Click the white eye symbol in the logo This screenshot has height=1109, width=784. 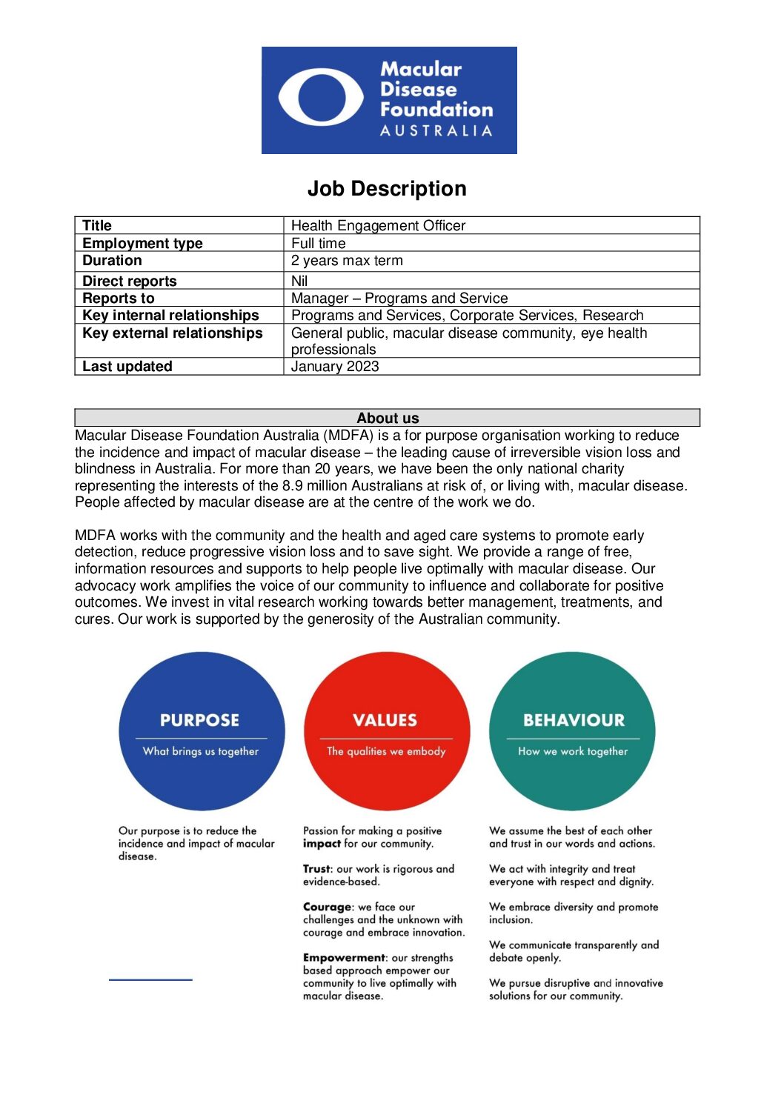click(321, 98)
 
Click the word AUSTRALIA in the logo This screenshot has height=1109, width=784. click(436, 131)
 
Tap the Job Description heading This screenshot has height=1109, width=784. click(387, 189)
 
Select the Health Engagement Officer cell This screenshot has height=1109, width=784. click(378, 225)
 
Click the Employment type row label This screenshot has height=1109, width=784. click(142, 243)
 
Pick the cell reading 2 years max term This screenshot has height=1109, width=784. click(347, 261)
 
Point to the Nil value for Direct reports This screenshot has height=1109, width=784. click(299, 281)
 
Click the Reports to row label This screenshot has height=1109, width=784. click(119, 298)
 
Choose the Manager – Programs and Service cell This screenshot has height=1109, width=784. click(399, 298)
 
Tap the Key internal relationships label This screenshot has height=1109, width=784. click(170, 316)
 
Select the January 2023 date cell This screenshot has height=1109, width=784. click(335, 366)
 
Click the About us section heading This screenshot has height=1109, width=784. click(388, 418)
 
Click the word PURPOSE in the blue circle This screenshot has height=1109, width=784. click(200, 720)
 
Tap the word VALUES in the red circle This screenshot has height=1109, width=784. click(385, 720)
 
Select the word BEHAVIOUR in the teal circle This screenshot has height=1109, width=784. click(574, 720)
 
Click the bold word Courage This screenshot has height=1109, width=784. click(328, 907)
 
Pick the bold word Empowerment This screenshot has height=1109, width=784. click(344, 958)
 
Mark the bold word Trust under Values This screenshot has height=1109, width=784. click(316, 869)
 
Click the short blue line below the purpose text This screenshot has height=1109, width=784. click(150, 980)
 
